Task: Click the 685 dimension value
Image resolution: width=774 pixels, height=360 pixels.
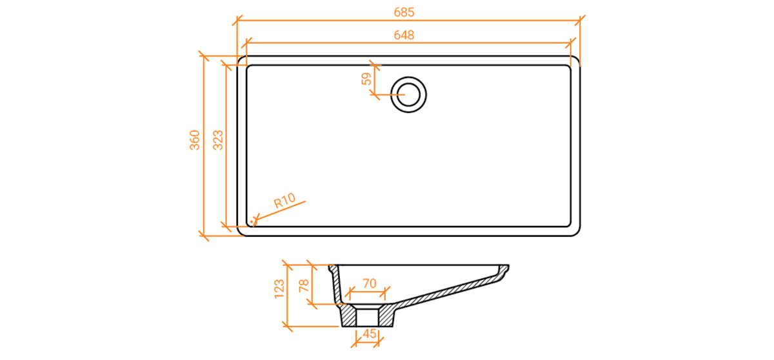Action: (x=404, y=12)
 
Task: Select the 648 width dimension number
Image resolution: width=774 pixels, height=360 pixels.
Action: (x=404, y=35)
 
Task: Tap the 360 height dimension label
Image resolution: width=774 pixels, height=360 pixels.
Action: (x=195, y=140)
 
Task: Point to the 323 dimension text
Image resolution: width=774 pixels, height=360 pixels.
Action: (x=218, y=140)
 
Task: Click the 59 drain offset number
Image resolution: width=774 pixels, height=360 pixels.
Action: (x=366, y=79)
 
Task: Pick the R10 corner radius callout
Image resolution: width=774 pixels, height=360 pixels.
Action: (x=284, y=201)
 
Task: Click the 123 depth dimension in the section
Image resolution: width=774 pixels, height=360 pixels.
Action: (x=279, y=289)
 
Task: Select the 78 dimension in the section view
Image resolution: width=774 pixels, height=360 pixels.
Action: (x=304, y=286)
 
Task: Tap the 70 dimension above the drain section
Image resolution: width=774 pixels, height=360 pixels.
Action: (x=370, y=284)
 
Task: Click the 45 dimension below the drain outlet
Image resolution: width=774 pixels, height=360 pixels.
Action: (x=369, y=334)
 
